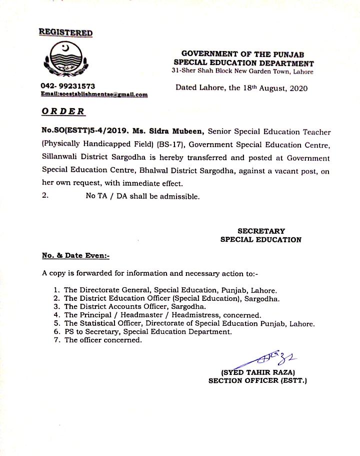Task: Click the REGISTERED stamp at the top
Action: tap(65, 33)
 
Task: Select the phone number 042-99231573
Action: tap(68, 86)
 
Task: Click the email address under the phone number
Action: tap(94, 94)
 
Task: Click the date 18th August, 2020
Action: tap(273, 88)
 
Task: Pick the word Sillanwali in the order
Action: tap(61, 157)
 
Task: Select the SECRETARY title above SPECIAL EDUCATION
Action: tap(261, 231)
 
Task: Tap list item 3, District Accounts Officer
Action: tap(135, 307)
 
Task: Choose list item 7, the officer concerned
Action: tap(103, 340)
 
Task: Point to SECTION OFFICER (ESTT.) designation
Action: tap(257, 381)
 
